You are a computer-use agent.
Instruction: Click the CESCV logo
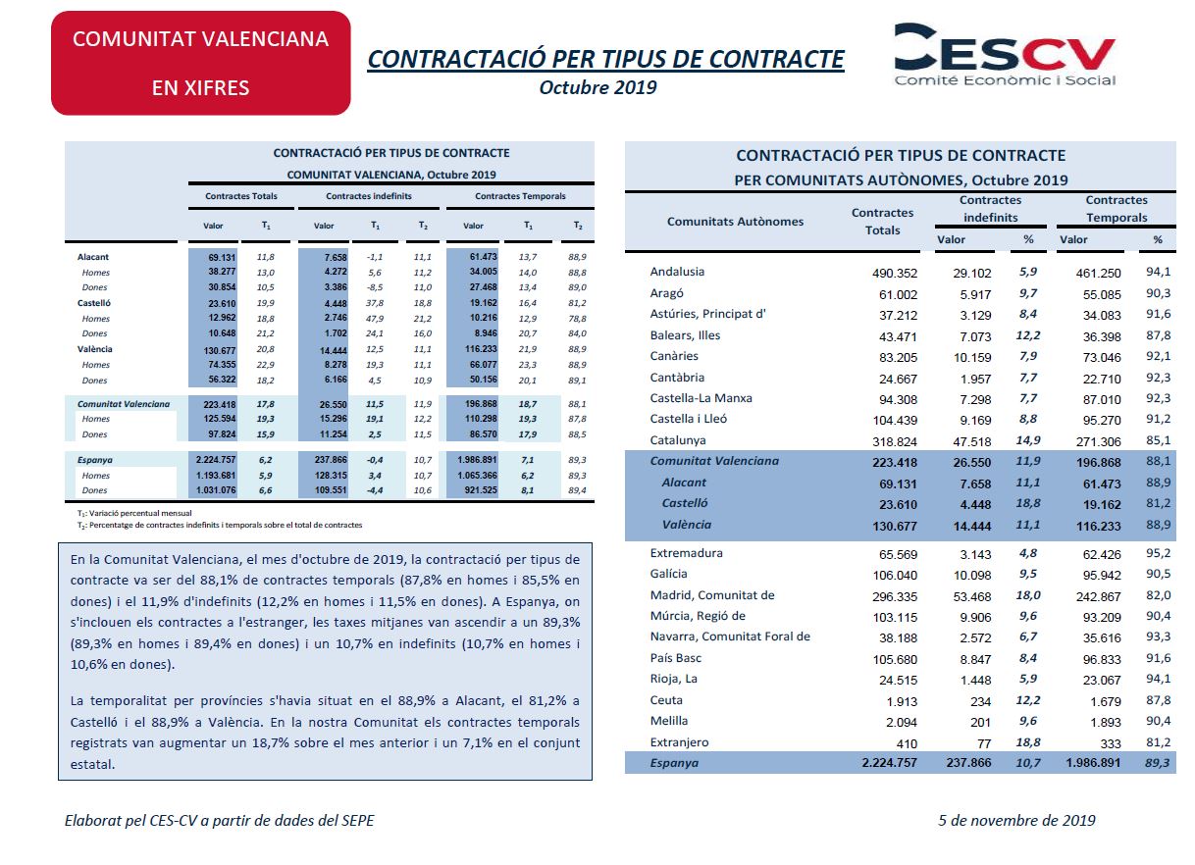point(1005,54)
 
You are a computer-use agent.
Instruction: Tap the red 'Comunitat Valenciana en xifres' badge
point(200,63)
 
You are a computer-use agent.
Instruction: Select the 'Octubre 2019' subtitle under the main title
point(597,87)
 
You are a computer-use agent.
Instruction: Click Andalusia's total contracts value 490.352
point(895,273)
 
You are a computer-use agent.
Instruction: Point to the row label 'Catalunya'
point(678,440)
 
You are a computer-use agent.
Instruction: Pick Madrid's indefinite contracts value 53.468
point(972,596)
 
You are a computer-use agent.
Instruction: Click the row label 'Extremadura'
point(686,553)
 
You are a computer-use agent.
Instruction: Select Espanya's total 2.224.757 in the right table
point(889,763)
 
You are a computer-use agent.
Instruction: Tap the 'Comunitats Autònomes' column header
point(735,222)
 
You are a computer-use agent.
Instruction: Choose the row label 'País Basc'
point(675,658)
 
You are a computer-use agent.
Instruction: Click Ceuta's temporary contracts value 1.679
point(1106,702)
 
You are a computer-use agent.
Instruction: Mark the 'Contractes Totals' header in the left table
point(241,196)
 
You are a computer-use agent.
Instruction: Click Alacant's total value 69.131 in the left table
point(222,258)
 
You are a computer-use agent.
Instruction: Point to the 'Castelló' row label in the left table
point(94,303)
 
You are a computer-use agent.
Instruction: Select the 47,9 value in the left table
point(375,319)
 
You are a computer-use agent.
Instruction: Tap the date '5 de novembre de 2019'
point(1016,820)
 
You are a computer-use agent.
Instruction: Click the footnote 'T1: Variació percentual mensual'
point(134,514)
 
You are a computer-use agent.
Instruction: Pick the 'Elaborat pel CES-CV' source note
point(219,820)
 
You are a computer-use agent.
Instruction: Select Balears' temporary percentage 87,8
point(1158,335)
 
